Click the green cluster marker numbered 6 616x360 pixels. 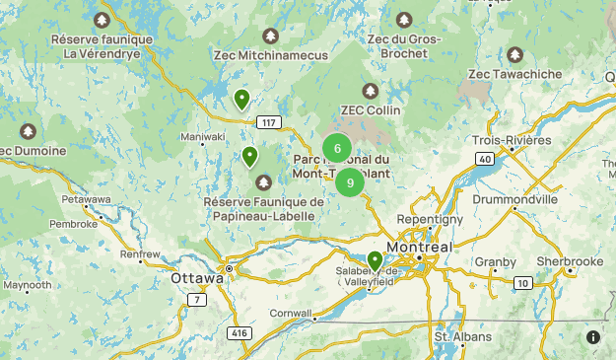click(337, 149)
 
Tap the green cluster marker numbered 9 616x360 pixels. click(350, 182)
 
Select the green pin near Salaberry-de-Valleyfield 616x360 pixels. click(375, 260)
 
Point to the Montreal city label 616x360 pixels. click(419, 247)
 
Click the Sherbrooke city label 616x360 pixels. click(570, 261)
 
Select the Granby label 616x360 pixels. click(495, 262)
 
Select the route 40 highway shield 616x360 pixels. click(483, 158)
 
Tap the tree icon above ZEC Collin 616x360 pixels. click(370, 91)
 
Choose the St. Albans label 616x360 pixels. click(464, 337)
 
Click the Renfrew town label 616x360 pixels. click(140, 254)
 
